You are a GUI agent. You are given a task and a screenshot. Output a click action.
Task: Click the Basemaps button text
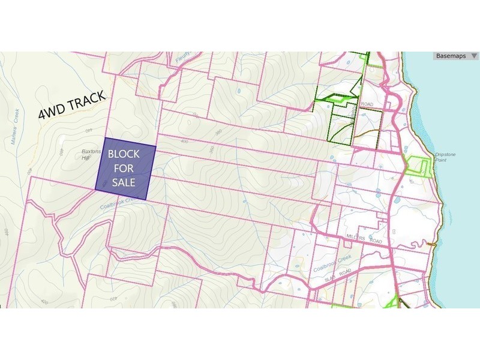pos(451,56)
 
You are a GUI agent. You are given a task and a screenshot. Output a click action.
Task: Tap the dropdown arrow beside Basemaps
pos(474,56)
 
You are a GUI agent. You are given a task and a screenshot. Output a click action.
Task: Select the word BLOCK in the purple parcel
pos(124,155)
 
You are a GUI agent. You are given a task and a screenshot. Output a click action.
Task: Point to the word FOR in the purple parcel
pos(124,169)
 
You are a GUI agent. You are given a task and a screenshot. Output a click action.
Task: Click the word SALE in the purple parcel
pos(124,182)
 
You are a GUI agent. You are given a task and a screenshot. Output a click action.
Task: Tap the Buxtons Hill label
pos(89,155)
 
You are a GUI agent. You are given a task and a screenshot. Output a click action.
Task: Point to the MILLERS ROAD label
pos(364,239)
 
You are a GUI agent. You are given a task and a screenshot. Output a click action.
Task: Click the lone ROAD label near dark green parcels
pos(367,104)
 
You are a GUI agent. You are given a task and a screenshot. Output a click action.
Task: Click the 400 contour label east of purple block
pos(183,142)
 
